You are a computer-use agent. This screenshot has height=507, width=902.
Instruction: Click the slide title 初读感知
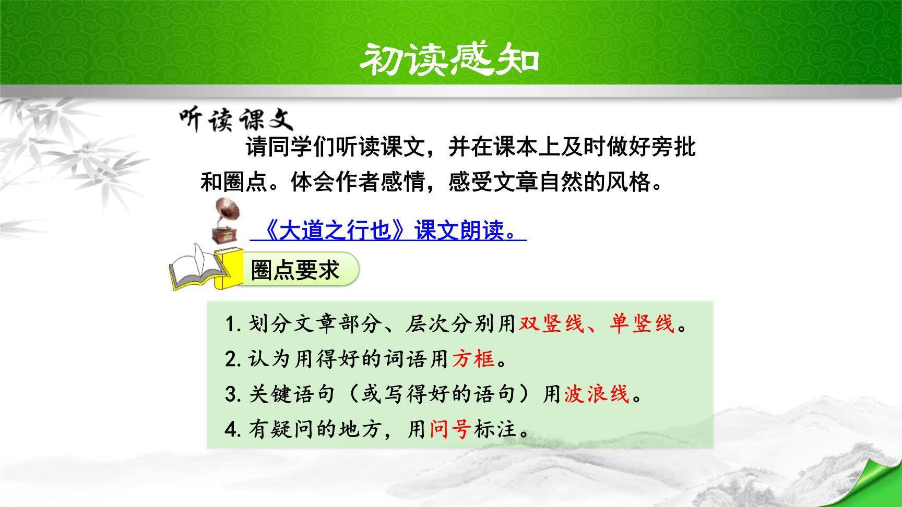449,59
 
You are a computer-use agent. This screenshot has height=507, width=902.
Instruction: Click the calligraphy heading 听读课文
236,119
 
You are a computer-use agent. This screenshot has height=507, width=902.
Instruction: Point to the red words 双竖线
551,324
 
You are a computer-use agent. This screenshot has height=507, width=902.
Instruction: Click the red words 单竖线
642,324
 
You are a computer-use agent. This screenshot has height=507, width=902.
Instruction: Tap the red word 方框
473,359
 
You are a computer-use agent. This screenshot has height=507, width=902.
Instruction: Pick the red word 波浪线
596,394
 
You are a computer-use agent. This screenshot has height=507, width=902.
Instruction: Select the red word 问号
450,429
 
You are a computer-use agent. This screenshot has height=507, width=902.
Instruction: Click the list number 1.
230,325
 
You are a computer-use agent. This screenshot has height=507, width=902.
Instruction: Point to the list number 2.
230,360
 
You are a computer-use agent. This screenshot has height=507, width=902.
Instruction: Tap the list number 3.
230,395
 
